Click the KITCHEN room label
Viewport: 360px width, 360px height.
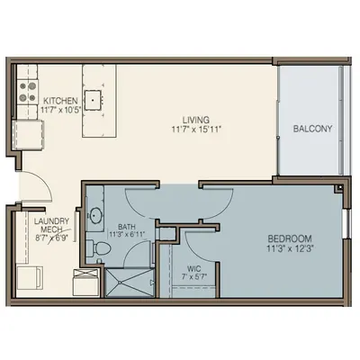(x=60, y=100)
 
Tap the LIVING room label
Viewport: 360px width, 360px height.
(x=196, y=120)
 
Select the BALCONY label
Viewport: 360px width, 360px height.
(x=312, y=129)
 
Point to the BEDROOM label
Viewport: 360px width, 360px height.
(x=290, y=238)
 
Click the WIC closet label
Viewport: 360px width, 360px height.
(x=194, y=268)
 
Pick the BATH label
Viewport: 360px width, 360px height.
(x=127, y=227)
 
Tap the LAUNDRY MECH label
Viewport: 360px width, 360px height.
(x=51, y=225)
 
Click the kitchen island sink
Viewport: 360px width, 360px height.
(x=93, y=100)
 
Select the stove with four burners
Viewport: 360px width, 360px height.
(x=28, y=92)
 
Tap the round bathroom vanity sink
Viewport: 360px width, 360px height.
(x=95, y=215)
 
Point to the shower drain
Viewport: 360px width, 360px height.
(x=120, y=283)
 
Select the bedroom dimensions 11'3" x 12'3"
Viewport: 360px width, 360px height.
(x=290, y=248)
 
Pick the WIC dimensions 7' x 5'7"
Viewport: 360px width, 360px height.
(x=194, y=276)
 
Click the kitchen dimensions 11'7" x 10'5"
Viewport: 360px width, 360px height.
(x=61, y=110)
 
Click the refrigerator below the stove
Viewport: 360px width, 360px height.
(x=28, y=134)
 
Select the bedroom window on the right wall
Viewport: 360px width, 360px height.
(x=347, y=223)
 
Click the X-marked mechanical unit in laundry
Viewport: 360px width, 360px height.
(x=85, y=282)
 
